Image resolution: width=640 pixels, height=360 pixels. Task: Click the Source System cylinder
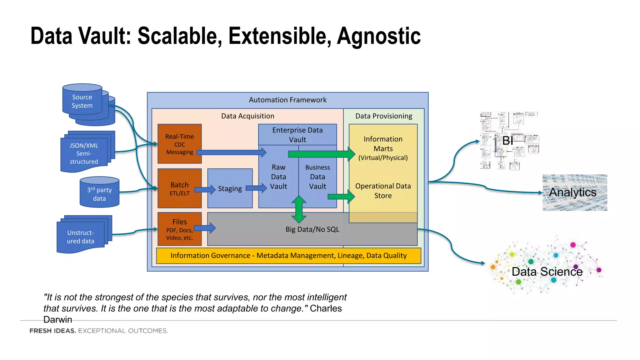coord(82,101)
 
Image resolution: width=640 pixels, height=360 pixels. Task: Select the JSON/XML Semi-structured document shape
coord(84,153)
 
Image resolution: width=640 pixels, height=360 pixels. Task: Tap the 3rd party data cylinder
coord(99,194)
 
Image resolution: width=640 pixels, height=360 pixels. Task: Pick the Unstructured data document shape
coord(80,237)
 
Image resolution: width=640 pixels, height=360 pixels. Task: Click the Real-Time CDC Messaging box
coord(179,144)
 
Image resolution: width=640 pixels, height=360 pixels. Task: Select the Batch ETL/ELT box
coord(179,188)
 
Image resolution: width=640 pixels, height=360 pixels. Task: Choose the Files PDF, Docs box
coord(179,229)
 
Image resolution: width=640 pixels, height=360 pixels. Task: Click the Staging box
coord(230,188)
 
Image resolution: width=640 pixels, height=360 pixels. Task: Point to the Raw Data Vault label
coord(278,177)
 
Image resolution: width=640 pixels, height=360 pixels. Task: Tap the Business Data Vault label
coord(317,177)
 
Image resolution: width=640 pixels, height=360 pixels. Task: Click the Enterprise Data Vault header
coord(297,135)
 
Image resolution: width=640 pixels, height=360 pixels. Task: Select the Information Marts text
coord(383,144)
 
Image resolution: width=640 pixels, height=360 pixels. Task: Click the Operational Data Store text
coord(383,191)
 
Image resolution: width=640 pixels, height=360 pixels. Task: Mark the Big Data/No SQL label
coord(312,229)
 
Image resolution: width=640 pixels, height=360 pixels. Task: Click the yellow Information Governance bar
coord(288,256)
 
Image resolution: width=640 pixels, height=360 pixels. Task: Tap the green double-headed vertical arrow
coord(299,209)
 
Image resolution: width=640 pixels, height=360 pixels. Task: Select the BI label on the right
coord(507,141)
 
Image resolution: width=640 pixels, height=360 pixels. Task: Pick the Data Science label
coord(547,272)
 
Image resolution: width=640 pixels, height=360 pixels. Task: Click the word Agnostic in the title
coord(378,36)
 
